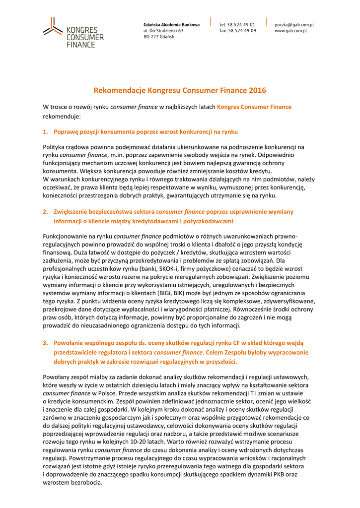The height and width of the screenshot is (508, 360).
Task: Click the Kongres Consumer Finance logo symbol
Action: pos(52,26)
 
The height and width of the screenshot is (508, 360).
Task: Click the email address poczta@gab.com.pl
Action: pos(294,24)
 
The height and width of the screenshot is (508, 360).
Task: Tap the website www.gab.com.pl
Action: pos(290,31)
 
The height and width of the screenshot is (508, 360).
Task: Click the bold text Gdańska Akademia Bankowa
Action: pos(171,24)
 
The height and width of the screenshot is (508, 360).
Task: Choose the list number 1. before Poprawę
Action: pos(45,132)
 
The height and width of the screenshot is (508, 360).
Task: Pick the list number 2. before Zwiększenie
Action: pos(45,212)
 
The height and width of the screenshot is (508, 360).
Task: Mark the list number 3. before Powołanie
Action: pos(45,343)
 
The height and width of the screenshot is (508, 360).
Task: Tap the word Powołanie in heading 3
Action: pos(70,343)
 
